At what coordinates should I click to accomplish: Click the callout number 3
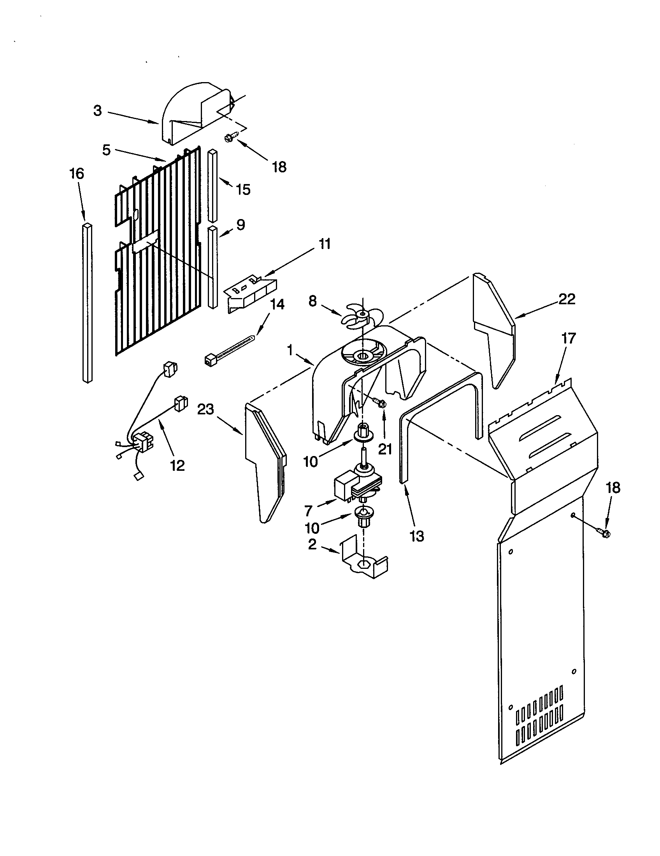pyautogui.click(x=98, y=111)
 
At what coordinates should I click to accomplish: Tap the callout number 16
pyautogui.click(x=77, y=174)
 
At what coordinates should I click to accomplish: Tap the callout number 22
pyautogui.click(x=567, y=300)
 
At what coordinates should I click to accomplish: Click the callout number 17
pyautogui.click(x=568, y=338)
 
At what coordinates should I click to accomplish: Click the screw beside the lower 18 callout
pyautogui.click(x=602, y=532)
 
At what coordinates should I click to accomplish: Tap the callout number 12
pyautogui.click(x=177, y=465)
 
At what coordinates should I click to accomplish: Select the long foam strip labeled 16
pyautogui.click(x=88, y=302)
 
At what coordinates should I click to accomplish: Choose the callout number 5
pyautogui.click(x=107, y=150)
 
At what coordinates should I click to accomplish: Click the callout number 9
pyautogui.click(x=240, y=225)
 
